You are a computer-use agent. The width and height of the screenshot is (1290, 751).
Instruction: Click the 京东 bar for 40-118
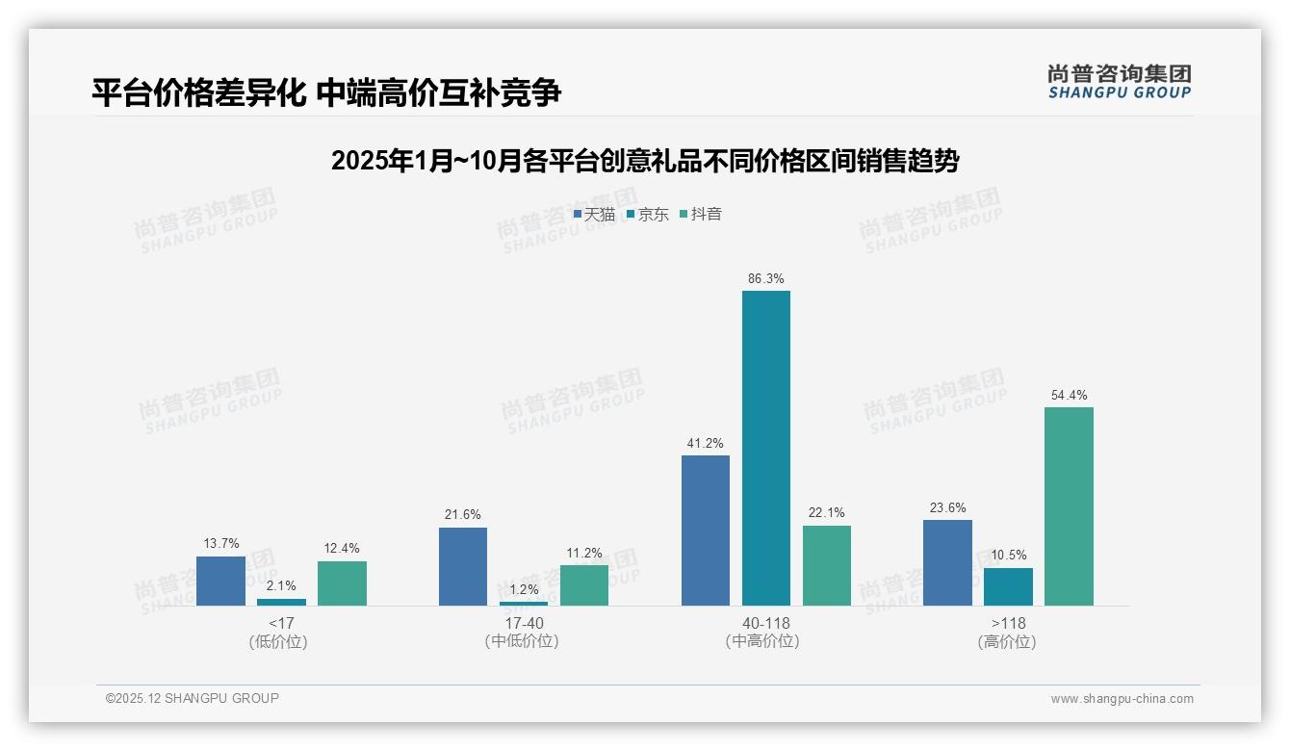(765, 448)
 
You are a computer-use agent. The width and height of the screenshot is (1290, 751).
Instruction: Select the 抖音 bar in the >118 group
(1069, 506)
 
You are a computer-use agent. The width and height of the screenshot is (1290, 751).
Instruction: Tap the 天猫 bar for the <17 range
(220, 581)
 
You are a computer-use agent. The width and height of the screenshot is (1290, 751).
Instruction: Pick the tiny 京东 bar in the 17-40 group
(524, 603)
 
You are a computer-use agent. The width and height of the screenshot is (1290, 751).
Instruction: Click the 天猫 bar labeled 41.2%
(705, 531)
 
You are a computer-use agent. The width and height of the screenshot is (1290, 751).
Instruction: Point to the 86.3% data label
(765, 279)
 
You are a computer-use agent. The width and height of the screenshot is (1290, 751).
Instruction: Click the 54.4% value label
(1069, 396)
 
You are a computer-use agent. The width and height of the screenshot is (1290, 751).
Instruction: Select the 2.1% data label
(281, 585)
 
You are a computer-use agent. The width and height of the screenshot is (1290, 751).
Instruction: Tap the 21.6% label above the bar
(462, 515)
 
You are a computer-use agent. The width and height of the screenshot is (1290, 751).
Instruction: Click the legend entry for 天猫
(594, 215)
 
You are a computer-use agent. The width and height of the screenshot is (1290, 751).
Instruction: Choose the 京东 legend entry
(648, 215)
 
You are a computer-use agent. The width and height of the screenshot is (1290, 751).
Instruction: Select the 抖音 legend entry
(701, 215)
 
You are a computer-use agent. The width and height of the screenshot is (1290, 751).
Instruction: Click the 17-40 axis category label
(523, 624)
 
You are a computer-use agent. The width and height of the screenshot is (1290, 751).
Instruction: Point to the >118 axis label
(1008, 624)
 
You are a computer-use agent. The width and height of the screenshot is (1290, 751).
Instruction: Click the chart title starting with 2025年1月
(644, 161)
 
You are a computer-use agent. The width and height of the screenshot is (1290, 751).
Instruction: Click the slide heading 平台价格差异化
(326, 93)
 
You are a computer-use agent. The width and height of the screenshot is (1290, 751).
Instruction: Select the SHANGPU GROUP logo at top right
(1119, 82)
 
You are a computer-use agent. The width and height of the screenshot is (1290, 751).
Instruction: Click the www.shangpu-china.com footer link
(1122, 699)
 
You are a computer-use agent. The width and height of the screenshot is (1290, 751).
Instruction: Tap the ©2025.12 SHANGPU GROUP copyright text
(192, 698)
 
